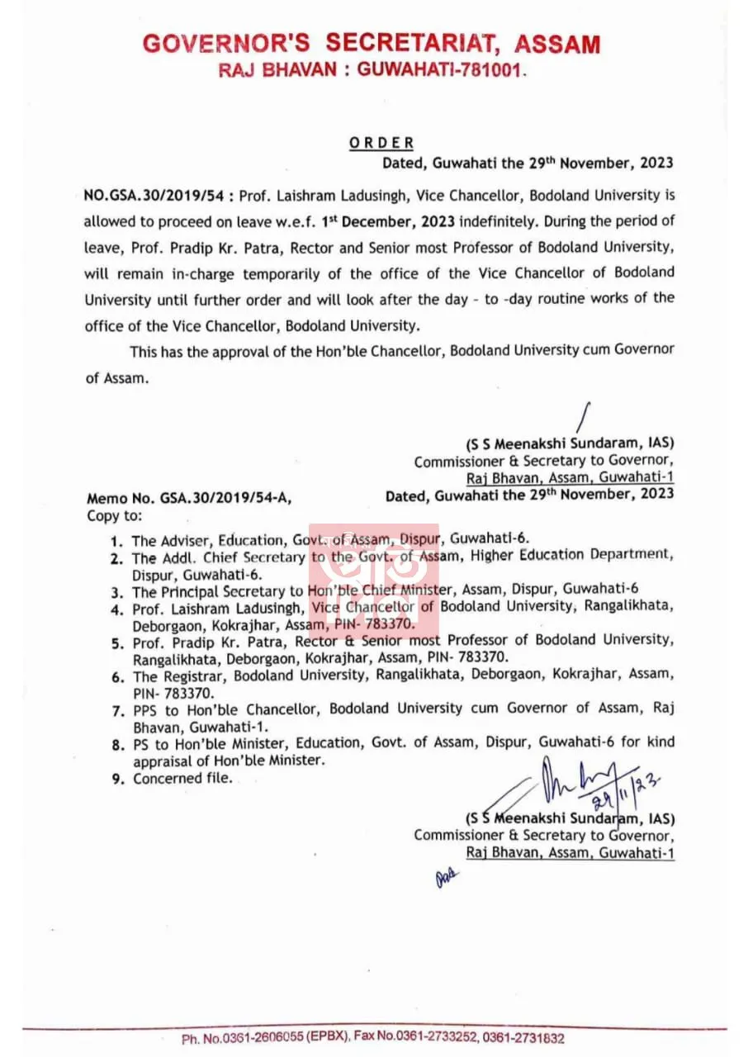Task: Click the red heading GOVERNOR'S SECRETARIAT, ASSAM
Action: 372,43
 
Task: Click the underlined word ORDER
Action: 381,143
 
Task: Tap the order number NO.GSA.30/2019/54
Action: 154,197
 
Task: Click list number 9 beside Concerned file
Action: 116,778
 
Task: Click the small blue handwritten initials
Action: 446,879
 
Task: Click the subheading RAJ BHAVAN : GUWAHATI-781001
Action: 372,71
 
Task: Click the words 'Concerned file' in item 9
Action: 182,778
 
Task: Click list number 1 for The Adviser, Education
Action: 116,542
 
